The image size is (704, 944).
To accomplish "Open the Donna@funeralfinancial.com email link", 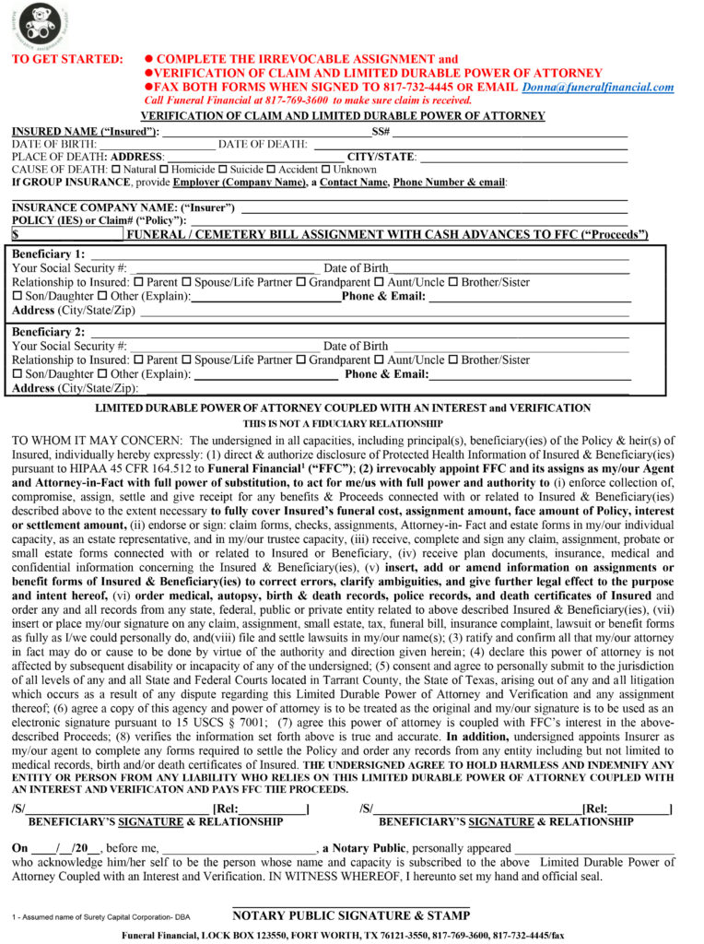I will click(597, 87).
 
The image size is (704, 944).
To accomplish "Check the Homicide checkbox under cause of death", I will click(164, 170).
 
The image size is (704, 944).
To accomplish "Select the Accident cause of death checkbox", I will click(272, 170).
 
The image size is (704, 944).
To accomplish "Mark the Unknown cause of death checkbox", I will click(326, 170).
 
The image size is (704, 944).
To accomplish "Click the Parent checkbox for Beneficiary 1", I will click(138, 282).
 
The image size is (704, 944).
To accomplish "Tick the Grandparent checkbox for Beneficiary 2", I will click(300, 360).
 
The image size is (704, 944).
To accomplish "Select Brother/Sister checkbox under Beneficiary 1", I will click(453, 282).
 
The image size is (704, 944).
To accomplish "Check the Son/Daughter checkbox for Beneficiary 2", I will click(17, 374).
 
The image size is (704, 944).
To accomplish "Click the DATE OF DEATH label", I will click(263, 144).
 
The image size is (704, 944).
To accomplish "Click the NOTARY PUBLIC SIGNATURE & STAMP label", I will click(351, 915).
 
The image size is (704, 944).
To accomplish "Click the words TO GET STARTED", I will click(67, 59).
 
